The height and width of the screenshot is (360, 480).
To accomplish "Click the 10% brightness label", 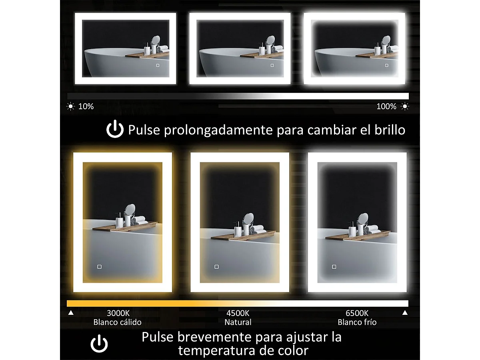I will [86, 106].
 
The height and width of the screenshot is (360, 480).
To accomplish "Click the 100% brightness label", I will [386, 106].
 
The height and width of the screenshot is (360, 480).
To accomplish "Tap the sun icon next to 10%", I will [71, 106].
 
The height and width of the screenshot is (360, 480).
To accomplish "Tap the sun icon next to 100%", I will [405, 106].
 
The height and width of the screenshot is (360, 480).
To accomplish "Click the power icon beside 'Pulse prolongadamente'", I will [115, 130].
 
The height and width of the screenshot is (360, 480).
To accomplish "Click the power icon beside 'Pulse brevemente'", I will [99, 344].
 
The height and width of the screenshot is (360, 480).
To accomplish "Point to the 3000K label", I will [118, 313].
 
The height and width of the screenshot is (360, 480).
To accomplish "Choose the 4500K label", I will [238, 313].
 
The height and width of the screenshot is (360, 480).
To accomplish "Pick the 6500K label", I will [357, 313].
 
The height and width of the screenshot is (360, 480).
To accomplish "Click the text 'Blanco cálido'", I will [117, 322].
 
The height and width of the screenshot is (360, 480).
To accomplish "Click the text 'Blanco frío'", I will [357, 322].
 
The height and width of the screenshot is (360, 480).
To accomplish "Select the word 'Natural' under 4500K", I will [238, 322].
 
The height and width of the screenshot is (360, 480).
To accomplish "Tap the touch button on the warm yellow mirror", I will [99, 266].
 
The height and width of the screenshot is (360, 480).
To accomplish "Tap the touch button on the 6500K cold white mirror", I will [334, 266].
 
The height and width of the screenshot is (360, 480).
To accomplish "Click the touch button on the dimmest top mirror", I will [158, 65].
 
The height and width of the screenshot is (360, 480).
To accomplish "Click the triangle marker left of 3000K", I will [71, 313].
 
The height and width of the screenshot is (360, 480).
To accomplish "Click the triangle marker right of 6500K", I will [405, 313].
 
